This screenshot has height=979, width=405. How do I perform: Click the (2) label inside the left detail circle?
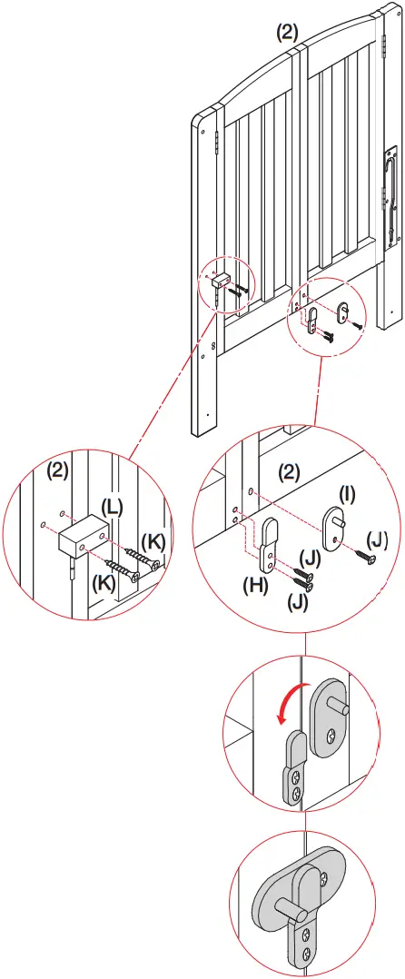pyautogui.click(x=58, y=471)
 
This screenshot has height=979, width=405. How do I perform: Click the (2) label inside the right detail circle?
pyautogui.click(x=288, y=472)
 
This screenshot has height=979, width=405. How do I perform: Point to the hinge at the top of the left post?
pyautogui.click(x=217, y=143)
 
